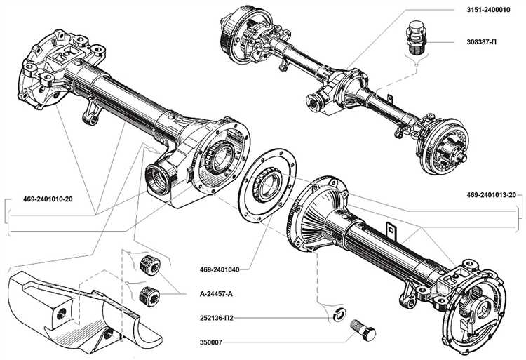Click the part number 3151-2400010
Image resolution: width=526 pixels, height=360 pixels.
pyautogui.click(x=490, y=11)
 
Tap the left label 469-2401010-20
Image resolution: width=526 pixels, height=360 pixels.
pyautogui.click(x=43, y=199)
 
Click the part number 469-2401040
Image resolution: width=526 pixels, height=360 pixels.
pyautogui.click(x=220, y=268)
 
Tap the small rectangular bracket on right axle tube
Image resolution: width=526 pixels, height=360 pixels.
pyautogui.click(x=390, y=229)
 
